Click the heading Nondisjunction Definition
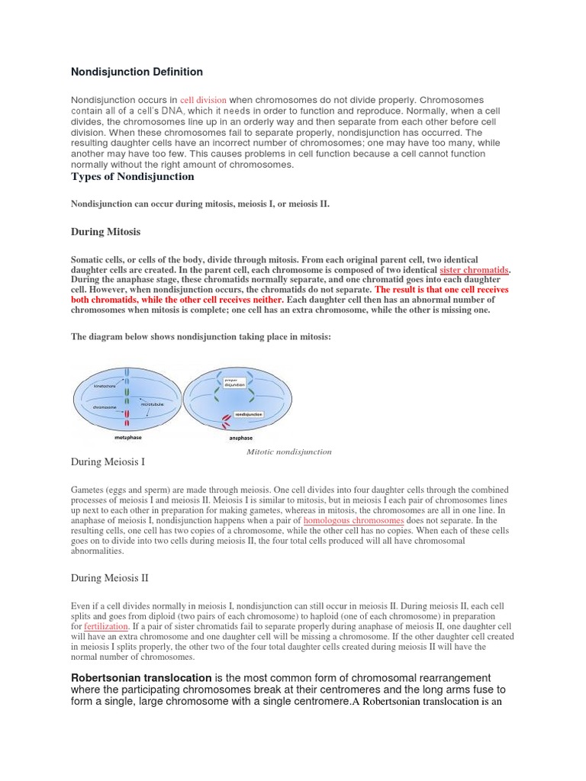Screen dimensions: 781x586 (x=137, y=72)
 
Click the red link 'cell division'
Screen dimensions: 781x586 (x=203, y=100)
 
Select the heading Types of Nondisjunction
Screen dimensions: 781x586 (x=132, y=177)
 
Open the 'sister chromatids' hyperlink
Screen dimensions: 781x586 (x=474, y=271)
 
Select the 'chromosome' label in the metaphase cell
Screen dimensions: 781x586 (x=104, y=407)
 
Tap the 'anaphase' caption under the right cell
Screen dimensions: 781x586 (x=241, y=439)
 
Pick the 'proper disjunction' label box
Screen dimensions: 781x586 (x=234, y=383)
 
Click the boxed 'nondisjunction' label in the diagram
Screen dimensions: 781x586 (x=249, y=414)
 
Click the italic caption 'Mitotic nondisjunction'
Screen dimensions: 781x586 (x=288, y=452)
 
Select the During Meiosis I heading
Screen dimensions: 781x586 (x=108, y=461)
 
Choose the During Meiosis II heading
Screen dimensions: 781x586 (x=110, y=578)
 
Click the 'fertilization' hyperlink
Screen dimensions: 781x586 (x=105, y=626)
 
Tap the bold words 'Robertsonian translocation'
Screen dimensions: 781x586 (x=141, y=678)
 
